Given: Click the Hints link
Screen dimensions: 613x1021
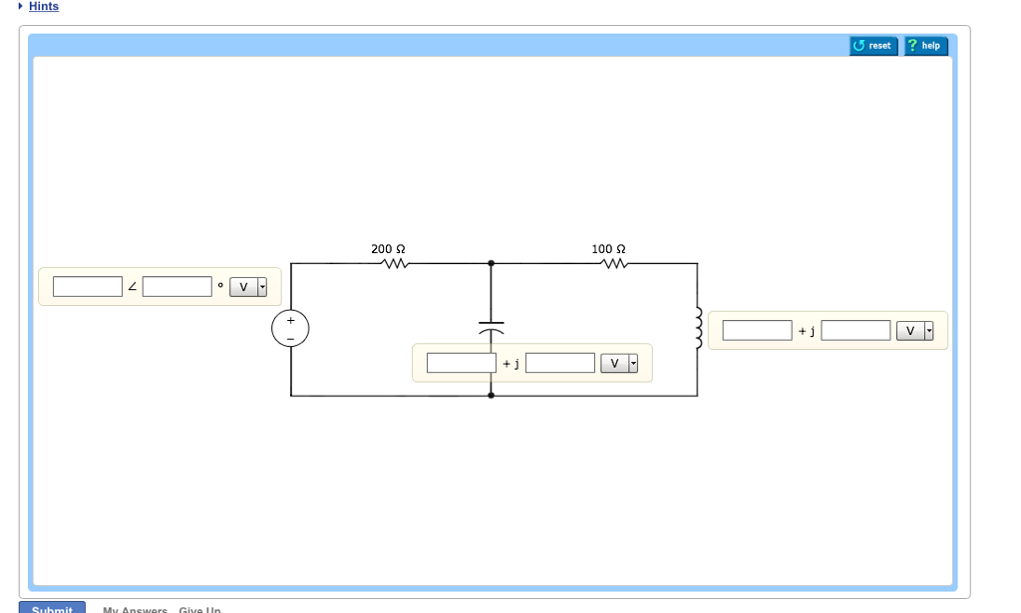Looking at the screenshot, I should coord(43,7).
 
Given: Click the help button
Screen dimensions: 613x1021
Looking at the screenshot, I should coord(925,46).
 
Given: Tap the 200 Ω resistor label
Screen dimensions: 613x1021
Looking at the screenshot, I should coord(388,249).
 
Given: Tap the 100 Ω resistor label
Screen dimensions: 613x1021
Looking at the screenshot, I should coord(608,249).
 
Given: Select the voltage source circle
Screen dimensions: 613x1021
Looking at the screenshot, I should coord(291,328).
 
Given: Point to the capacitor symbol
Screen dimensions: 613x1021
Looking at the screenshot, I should coord(491,328).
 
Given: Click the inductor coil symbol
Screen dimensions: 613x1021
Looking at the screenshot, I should coord(699,328).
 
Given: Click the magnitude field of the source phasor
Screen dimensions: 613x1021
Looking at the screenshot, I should coord(88,287).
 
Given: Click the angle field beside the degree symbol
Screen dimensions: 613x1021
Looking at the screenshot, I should coord(176,287).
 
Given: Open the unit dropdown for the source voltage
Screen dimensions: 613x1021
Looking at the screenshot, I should coord(249,288).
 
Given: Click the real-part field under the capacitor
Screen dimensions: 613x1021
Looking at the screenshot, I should coord(462,363).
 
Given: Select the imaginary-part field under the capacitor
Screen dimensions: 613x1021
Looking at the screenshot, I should coord(560,363).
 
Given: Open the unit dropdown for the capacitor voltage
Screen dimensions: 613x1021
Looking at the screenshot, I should coord(619,364).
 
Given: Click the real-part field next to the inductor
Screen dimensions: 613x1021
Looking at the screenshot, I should coord(757,330).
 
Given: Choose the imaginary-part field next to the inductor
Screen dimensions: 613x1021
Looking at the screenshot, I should coord(855,330).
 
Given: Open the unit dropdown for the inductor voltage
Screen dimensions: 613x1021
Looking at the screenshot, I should coord(915,331).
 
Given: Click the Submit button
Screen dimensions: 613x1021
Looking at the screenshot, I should coord(52,608).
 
